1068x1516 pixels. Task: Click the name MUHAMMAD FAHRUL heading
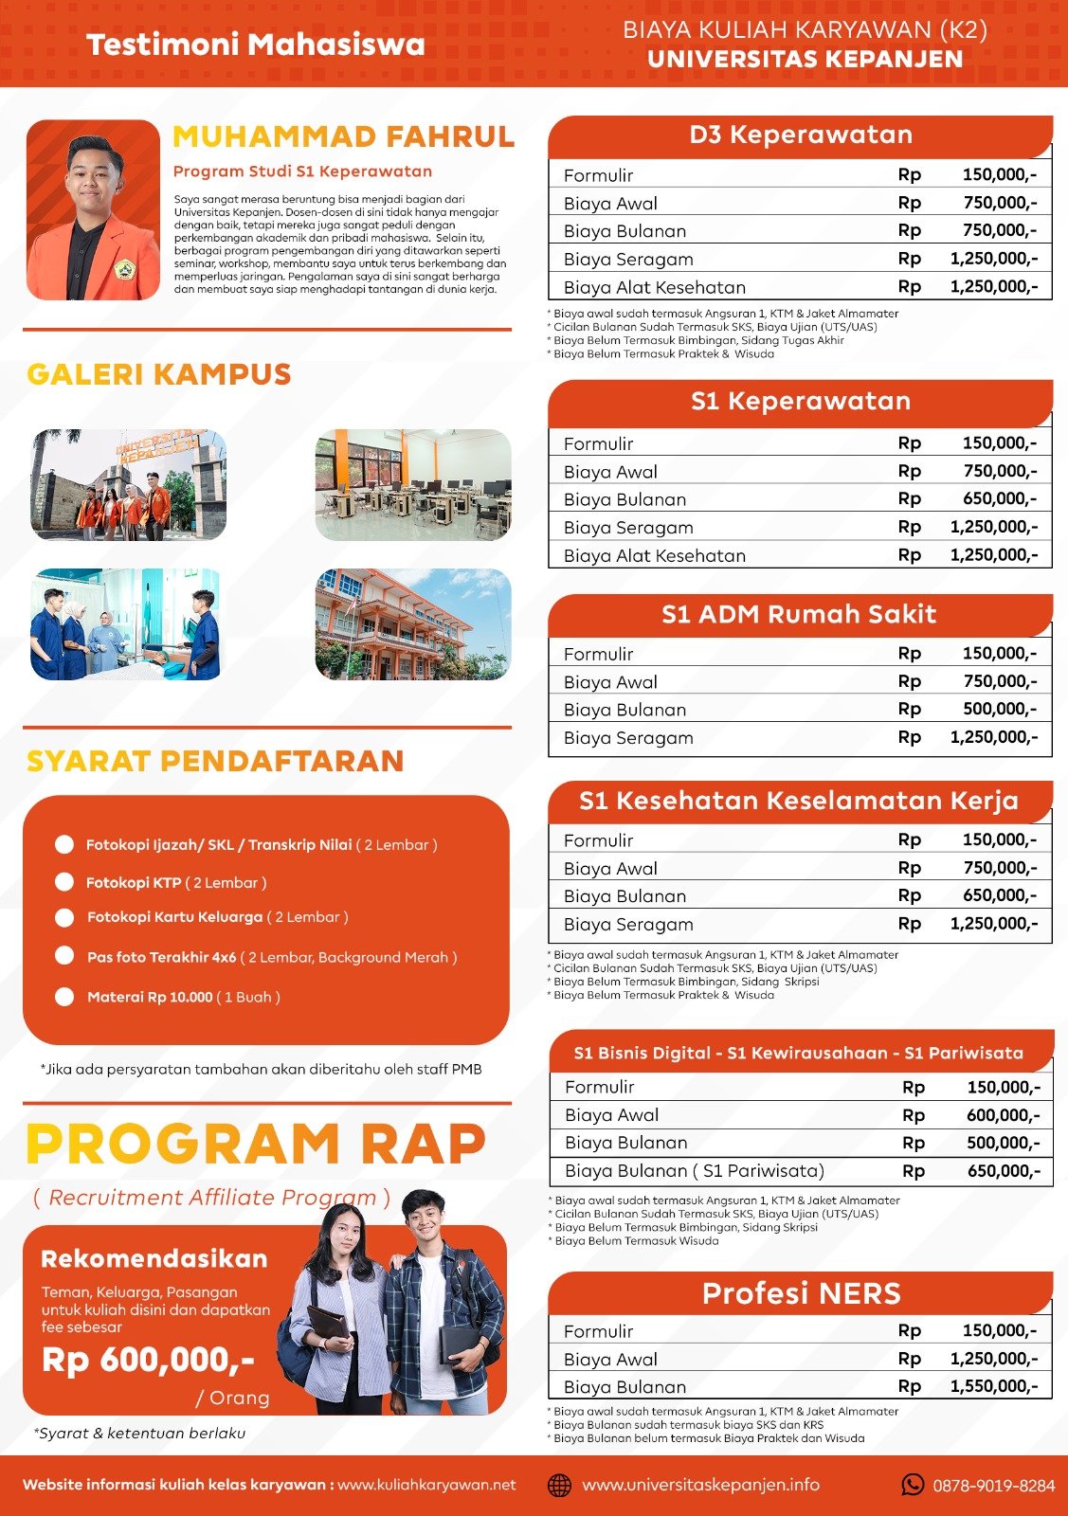pos(343,137)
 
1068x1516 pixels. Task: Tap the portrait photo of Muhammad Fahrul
pos(93,209)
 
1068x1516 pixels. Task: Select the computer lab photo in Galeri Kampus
pos(413,485)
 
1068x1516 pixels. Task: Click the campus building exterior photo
pos(413,624)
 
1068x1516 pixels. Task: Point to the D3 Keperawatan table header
pos(801,135)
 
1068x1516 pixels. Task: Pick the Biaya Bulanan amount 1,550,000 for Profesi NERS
pos(994,1386)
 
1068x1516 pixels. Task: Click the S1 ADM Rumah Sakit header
pos(799,615)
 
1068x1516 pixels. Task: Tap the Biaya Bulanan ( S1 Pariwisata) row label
pos(695,1171)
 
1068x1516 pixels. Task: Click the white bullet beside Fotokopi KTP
pos(64,882)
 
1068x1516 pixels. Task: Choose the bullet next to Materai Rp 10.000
pos(64,997)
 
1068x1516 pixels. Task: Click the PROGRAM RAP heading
pos(256,1144)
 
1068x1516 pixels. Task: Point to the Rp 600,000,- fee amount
pos(148,1361)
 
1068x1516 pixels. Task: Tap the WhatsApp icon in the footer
pos(913,1485)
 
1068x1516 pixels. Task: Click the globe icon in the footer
pos(560,1485)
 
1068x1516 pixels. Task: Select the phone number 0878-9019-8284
pos(993,1486)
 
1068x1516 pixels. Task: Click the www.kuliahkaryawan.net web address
pos(426,1485)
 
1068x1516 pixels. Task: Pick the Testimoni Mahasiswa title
pos(256,45)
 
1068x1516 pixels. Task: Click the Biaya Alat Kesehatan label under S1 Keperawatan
pos(655,556)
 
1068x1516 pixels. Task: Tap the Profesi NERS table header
pos(801,1294)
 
